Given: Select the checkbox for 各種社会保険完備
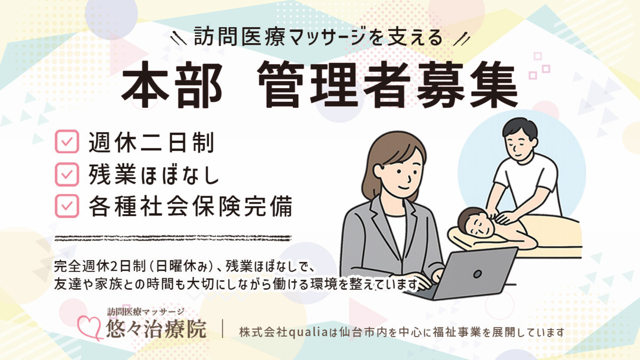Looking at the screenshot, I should pos(67,205).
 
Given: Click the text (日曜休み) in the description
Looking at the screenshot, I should pos(181,265).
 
